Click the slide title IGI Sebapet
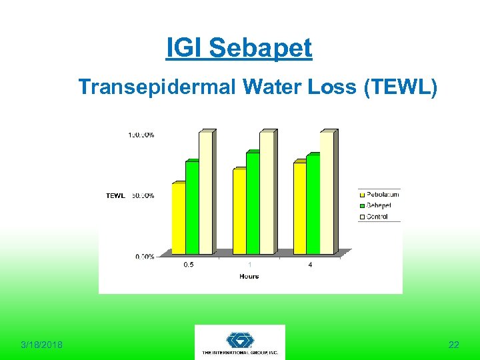(239, 48)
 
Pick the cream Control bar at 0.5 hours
(205, 193)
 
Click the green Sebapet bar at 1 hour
(252, 203)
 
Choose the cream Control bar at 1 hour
(266, 193)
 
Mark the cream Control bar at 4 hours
(327, 193)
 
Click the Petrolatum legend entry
(381, 195)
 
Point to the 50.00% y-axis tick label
(141, 196)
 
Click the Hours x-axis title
(249, 276)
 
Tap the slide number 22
(453, 345)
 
